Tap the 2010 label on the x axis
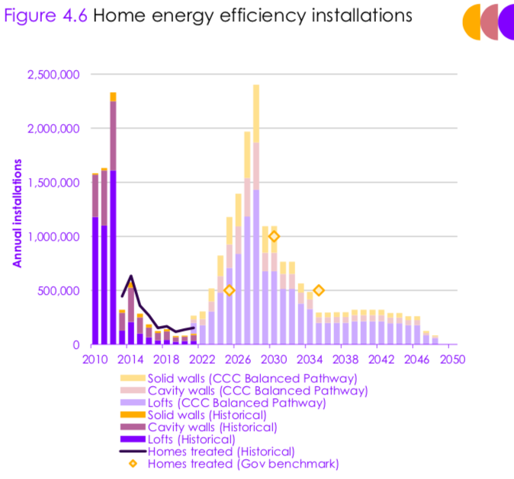(x=95, y=359)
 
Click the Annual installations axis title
(x=16, y=213)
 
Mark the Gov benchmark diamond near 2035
(x=319, y=290)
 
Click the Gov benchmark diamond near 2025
(x=229, y=290)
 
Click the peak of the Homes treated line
(x=131, y=276)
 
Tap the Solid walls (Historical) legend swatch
(x=133, y=415)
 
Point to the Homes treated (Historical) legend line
(x=133, y=452)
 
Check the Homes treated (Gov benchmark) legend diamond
(x=133, y=463)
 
